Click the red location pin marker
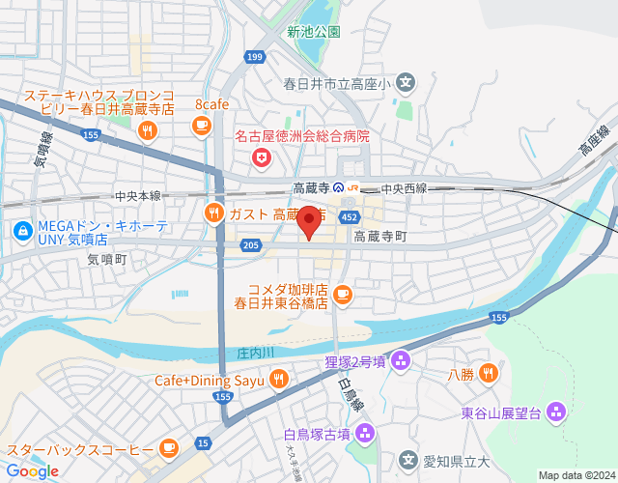click(x=309, y=222)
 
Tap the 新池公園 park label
click(x=314, y=31)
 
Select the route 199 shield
click(x=254, y=58)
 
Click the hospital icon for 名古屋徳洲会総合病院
click(x=260, y=156)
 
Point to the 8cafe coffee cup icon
click(x=201, y=125)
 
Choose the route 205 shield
click(x=251, y=245)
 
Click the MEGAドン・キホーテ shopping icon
click(x=21, y=231)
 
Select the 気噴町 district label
click(x=106, y=259)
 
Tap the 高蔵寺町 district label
click(x=380, y=236)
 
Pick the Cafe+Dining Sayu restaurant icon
click(x=278, y=380)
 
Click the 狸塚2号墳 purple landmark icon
click(x=401, y=362)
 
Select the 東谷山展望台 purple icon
click(x=554, y=413)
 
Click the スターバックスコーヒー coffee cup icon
click(x=169, y=447)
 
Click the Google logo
click(x=32, y=470)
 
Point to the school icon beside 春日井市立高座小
click(x=406, y=83)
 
